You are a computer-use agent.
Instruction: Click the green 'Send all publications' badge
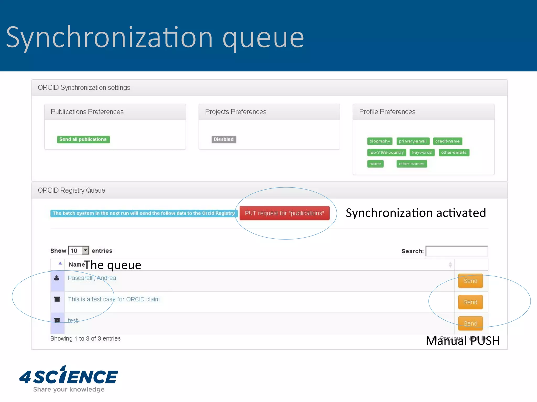point(83,139)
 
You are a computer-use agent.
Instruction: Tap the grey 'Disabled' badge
point(224,139)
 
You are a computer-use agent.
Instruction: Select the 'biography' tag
point(379,141)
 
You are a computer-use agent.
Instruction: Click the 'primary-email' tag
point(413,141)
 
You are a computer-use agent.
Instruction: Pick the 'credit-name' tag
point(447,141)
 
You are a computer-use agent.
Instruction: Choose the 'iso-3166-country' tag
point(386,152)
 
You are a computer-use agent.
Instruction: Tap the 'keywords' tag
point(422,152)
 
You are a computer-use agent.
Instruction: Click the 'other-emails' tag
point(454,152)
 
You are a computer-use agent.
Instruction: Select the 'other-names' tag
point(411,164)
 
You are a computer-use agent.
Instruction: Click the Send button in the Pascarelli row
point(470,281)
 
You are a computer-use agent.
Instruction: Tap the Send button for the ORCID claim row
point(470,302)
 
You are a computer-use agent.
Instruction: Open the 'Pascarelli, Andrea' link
point(92,278)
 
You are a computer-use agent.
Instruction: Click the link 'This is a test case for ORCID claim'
point(114,299)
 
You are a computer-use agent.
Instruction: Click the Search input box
point(457,251)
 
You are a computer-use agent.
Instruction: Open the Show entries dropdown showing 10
point(78,251)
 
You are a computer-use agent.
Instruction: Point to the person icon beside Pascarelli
point(57,278)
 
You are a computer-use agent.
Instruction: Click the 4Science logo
point(69,378)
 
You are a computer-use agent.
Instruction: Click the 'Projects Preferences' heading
point(235,112)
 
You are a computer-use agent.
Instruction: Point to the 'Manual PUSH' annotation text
point(463,341)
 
